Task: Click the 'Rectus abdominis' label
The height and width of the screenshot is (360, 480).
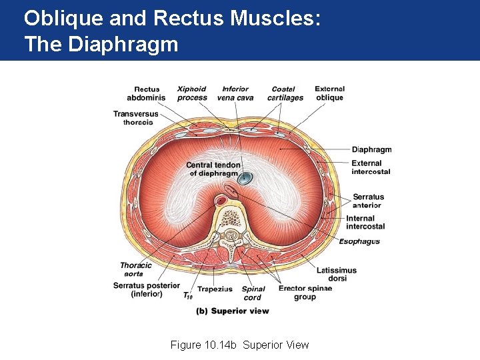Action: click(146, 93)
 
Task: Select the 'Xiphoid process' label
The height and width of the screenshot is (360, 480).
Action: click(192, 93)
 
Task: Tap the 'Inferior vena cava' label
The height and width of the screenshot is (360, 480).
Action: click(235, 93)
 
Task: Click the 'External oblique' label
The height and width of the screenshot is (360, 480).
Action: click(329, 93)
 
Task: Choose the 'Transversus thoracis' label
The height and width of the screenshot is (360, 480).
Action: click(136, 118)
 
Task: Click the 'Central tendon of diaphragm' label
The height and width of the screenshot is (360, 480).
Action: click(212, 169)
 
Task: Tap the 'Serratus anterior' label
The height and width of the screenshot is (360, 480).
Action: click(368, 201)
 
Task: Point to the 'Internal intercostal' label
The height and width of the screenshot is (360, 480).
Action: click(365, 222)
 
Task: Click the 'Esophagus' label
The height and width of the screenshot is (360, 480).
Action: click(359, 241)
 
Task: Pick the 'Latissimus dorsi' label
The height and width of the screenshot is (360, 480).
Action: click(337, 274)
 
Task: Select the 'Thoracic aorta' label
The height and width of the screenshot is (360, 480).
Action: click(136, 269)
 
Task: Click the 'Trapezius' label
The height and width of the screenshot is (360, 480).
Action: click(215, 289)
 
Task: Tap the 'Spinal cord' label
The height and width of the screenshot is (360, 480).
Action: click(254, 293)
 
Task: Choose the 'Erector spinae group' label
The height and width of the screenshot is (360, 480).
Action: click(305, 293)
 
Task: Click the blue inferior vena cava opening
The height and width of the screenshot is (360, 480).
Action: click(245, 178)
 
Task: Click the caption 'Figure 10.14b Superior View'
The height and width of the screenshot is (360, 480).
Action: click(239, 345)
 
